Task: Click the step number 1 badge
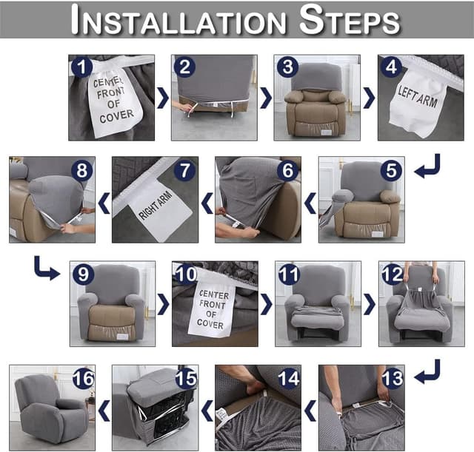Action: click(82, 68)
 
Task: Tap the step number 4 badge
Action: click(391, 68)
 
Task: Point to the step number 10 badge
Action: click(187, 275)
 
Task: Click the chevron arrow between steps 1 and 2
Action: click(162, 98)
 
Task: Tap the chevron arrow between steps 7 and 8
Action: click(104, 200)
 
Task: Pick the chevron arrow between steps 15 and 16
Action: click(104, 408)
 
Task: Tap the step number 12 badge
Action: click(392, 275)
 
